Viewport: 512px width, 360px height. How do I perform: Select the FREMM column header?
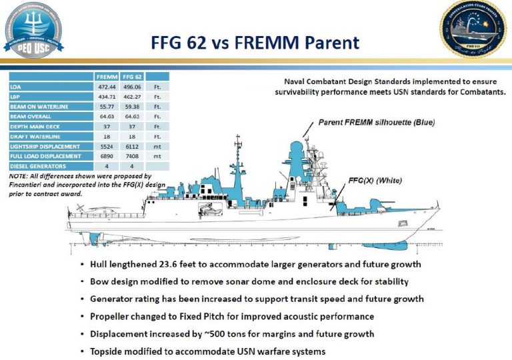[107, 76]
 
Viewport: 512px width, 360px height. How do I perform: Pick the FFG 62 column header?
[132, 76]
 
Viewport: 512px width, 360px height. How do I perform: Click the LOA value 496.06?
[132, 87]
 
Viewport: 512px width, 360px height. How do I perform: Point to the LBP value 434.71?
[107, 97]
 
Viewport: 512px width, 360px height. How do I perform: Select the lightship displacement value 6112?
[132, 145]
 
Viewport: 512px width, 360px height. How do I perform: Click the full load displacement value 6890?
[107, 155]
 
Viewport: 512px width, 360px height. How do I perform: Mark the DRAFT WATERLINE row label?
[33, 136]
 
